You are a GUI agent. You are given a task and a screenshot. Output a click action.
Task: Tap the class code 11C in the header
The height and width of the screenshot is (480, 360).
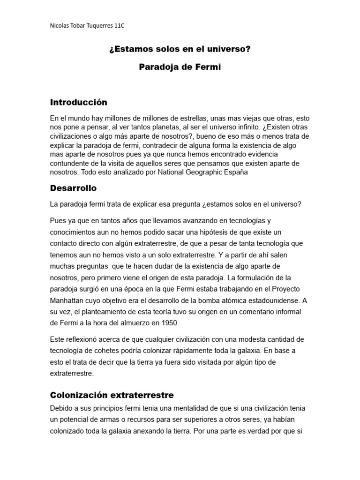tap(119, 25)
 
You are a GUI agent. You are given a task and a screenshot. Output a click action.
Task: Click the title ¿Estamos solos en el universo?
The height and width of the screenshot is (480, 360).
tap(180, 49)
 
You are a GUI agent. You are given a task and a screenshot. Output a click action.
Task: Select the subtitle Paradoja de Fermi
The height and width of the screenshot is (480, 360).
tap(180, 67)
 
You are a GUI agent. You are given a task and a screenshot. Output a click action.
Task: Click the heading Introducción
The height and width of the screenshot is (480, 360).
tap(79, 102)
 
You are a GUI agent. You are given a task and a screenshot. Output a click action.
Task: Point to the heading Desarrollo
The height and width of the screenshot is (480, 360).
tap(73, 188)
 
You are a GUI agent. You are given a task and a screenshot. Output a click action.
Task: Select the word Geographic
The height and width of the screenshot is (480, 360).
tap(208, 172)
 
